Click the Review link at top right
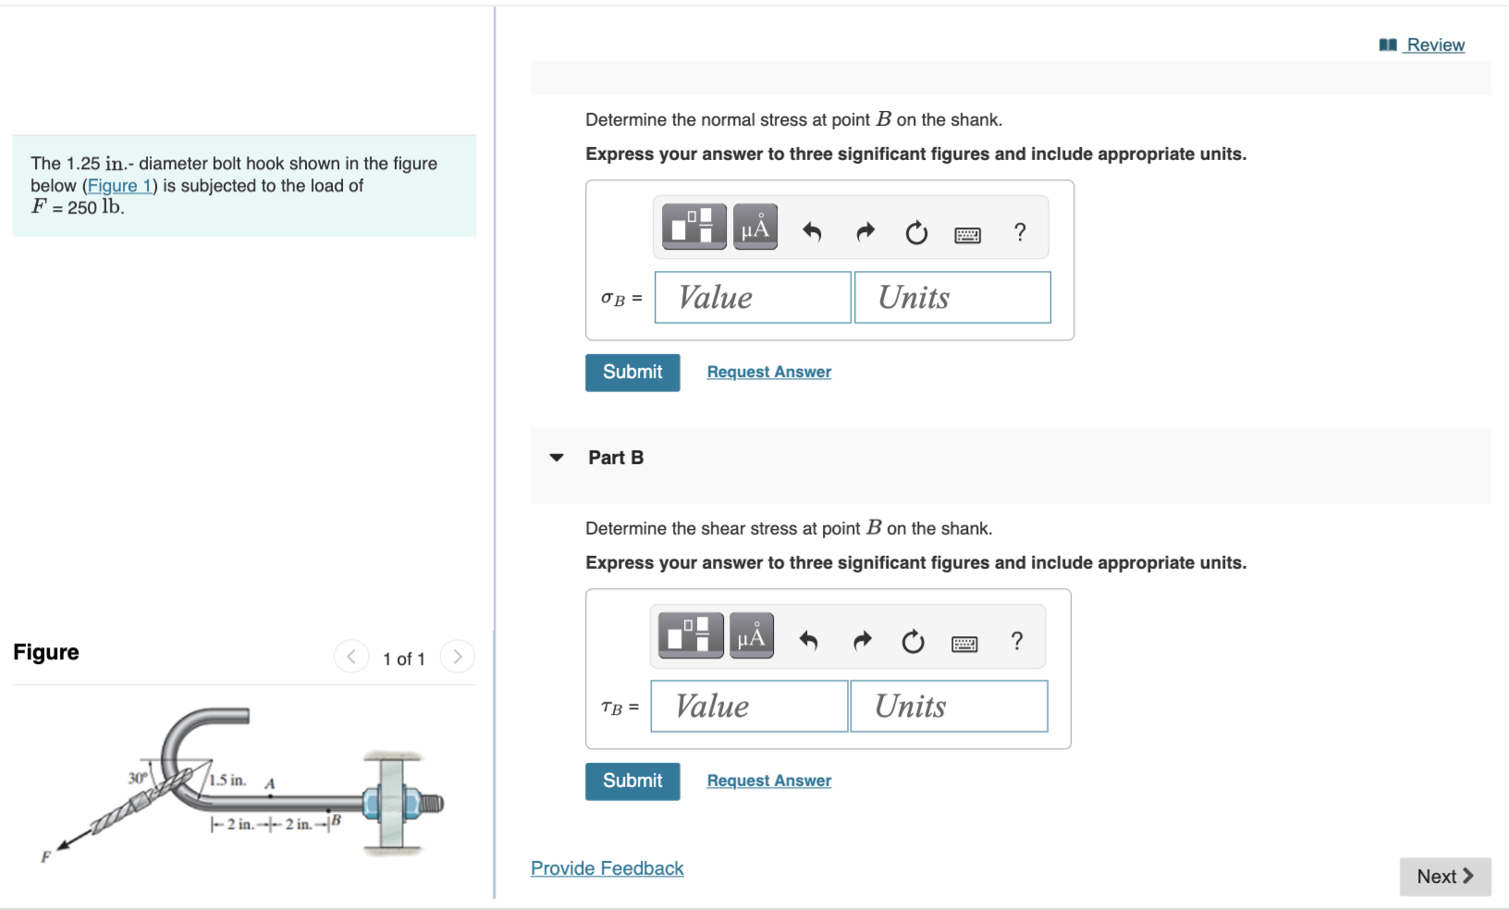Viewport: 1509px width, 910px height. pyautogui.click(x=1434, y=44)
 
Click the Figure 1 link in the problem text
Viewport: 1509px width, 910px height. pyautogui.click(x=120, y=186)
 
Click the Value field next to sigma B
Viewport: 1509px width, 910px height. pyautogui.click(x=752, y=298)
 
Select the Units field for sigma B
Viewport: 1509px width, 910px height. pyautogui.click(x=952, y=298)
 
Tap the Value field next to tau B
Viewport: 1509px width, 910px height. pyautogui.click(x=749, y=707)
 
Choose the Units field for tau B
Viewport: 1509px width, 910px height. pyautogui.click(x=949, y=707)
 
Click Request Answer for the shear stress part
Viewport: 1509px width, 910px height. pyautogui.click(x=768, y=781)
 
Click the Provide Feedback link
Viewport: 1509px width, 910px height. pyautogui.click(x=607, y=868)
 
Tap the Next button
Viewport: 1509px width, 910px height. pyautogui.click(x=1444, y=877)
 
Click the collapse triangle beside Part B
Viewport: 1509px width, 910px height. pyautogui.click(x=557, y=458)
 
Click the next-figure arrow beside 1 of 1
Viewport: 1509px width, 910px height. pyautogui.click(x=458, y=657)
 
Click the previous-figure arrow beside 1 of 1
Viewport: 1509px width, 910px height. pyautogui.click(x=351, y=657)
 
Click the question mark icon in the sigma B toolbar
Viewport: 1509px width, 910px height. pyautogui.click(x=1019, y=232)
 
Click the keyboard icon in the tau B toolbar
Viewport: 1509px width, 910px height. pyautogui.click(x=964, y=644)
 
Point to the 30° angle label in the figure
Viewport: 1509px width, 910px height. pyautogui.click(x=137, y=778)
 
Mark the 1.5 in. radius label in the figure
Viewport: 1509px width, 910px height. pyautogui.click(x=227, y=780)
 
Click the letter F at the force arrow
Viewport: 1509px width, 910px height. pyautogui.click(x=45, y=857)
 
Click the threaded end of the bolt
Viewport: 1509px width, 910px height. pyautogui.click(x=432, y=803)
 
